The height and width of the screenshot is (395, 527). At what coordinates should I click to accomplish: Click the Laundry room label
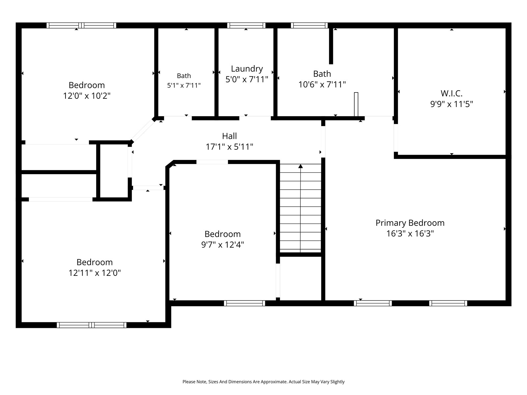point(247,69)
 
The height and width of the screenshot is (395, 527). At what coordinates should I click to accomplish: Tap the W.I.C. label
point(451,93)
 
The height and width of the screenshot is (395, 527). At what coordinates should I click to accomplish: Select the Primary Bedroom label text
point(410,223)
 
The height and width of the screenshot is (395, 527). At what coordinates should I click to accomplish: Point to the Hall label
point(229,136)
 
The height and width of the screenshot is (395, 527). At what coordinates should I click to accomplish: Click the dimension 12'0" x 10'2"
point(87,96)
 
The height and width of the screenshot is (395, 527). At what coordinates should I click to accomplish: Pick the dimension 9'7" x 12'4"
point(223,245)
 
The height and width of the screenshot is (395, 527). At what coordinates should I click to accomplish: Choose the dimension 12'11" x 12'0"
point(95,273)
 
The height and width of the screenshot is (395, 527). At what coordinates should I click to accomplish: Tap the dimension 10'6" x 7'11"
point(322,84)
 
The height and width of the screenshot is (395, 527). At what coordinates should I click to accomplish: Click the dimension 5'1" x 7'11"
point(184,85)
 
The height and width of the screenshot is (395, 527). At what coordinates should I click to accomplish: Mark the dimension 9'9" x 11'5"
point(451,104)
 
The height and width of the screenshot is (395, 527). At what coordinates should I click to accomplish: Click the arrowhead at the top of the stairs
point(300,166)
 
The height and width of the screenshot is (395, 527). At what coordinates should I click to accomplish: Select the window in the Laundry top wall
point(246,25)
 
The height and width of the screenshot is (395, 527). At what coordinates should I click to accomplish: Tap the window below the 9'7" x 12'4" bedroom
point(244,303)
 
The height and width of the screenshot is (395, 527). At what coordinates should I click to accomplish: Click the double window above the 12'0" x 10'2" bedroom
point(81,25)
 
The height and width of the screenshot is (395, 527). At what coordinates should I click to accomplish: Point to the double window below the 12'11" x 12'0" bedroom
point(92,325)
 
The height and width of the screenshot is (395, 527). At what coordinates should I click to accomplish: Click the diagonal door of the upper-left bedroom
point(143,130)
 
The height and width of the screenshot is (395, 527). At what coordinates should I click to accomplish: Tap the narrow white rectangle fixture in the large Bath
point(356,104)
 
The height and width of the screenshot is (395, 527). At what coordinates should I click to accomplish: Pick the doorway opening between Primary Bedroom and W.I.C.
point(396,138)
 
